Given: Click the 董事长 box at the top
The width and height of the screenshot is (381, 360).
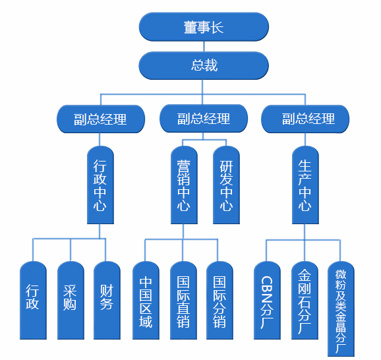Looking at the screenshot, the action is (204, 27).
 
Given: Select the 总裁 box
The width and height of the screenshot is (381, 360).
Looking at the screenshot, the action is (204, 65).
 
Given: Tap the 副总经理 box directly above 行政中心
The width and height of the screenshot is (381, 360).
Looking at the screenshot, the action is (101, 119).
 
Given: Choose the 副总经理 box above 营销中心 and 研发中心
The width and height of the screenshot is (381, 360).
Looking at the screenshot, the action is (204, 119).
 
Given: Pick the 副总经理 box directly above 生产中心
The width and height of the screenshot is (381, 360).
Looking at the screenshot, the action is (305, 119).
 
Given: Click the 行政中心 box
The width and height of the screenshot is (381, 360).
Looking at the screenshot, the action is (100, 185).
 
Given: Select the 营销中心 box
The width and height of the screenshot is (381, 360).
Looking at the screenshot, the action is (184, 185).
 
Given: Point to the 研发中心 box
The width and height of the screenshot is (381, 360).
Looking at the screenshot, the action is (226, 185).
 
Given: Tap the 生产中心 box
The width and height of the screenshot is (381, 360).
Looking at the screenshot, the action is (305, 185).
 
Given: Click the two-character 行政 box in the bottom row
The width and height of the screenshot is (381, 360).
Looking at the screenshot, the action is (33, 301).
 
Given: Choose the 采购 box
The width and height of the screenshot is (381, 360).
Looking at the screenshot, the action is (71, 301).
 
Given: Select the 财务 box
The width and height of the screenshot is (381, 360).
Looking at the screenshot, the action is (107, 301).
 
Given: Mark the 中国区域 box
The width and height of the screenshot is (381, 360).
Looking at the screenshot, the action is (146, 301).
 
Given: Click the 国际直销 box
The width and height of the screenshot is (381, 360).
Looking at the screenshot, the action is (183, 301).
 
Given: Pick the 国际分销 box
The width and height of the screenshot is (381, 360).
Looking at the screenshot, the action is (220, 301).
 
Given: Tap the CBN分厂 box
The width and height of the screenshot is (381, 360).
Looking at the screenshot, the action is (267, 301).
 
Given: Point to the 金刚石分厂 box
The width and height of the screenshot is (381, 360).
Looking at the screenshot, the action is (305, 301).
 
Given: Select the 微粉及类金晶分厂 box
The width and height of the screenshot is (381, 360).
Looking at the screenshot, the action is (341, 309).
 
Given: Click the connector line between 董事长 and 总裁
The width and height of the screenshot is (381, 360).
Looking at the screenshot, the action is (204, 46).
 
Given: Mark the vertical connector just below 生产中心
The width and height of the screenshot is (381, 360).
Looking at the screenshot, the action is (305, 232).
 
